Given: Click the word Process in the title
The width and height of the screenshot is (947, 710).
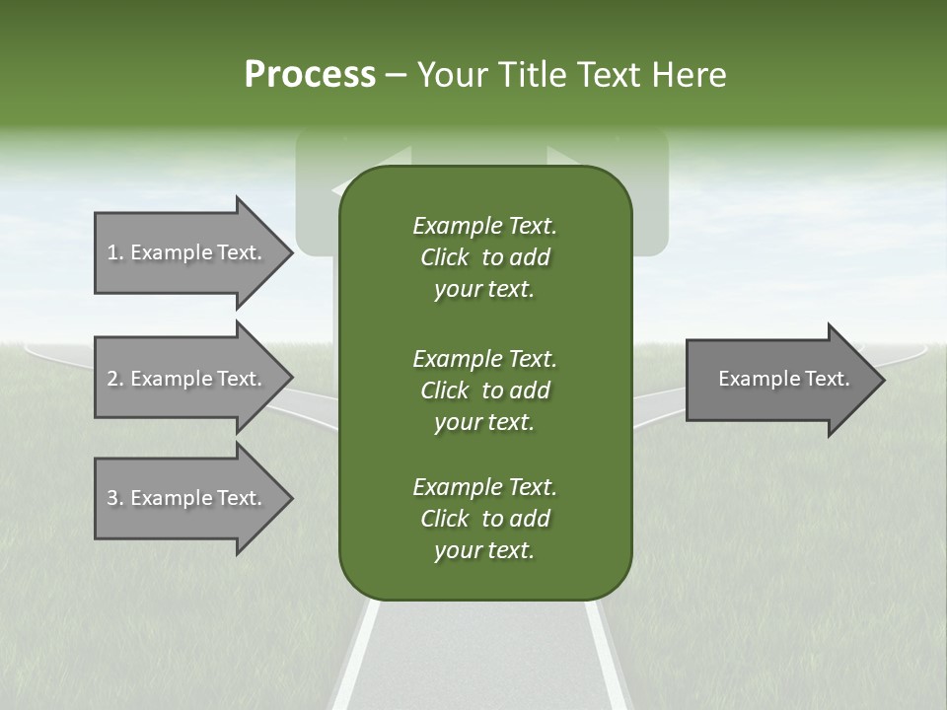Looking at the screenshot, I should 310,75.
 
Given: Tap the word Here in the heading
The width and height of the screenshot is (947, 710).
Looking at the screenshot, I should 689,75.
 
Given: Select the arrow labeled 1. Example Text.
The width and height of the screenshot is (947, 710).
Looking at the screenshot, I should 187,252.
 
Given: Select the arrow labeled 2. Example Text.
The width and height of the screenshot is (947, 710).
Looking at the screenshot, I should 187,379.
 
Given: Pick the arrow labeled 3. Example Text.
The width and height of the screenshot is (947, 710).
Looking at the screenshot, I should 187,498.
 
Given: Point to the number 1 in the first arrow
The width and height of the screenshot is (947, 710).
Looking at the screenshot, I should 112,252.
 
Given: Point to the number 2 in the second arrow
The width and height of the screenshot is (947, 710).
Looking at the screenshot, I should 112,379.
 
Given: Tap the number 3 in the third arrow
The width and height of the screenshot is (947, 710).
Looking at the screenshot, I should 112,498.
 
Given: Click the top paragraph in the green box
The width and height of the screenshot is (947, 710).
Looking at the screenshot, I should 484,257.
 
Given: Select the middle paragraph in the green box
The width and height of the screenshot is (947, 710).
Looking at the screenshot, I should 484,390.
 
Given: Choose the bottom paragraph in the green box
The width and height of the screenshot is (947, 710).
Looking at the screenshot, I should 484,518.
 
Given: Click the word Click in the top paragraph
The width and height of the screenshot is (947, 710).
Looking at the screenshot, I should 445,257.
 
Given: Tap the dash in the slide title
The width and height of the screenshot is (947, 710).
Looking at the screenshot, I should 396,75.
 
